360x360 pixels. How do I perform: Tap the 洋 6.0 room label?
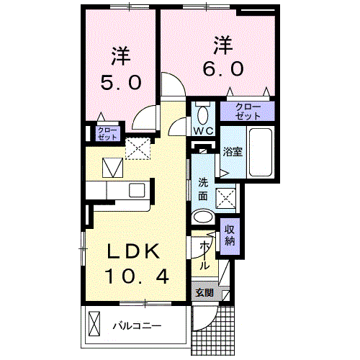coord(222,56)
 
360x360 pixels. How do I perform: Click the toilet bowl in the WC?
coord(202,114)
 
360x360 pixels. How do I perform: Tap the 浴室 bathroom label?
coord(232,153)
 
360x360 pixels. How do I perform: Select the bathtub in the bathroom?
coord(259,153)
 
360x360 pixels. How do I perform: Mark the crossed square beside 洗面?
coord(226,196)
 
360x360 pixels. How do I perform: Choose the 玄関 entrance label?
coord(204,293)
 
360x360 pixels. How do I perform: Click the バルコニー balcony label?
coord(136,325)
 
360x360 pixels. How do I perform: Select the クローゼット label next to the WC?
coord(247,111)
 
